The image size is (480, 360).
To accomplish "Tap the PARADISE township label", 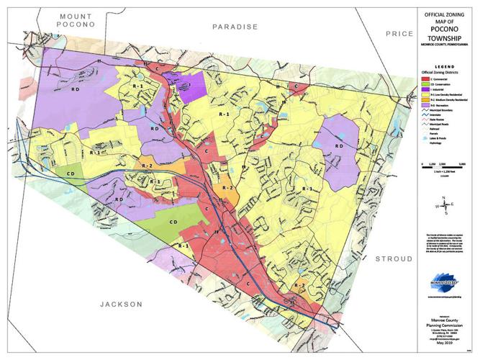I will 235,27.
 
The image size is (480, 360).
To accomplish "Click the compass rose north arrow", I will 447,207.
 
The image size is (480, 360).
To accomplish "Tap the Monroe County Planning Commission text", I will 440,325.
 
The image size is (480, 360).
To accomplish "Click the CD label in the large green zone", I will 172,222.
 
